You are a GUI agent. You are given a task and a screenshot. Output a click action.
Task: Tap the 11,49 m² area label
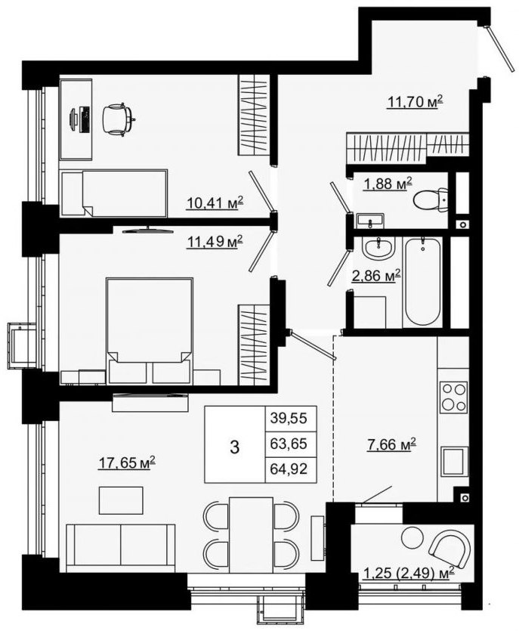tap(215, 242)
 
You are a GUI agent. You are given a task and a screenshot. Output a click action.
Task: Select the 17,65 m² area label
tap(127, 462)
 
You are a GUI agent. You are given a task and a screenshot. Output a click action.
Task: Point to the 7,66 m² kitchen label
tap(391, 444)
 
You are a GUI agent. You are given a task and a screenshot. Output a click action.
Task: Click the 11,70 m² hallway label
tap(415, 102)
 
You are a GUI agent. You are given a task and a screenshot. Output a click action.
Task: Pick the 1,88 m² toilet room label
tap(388, 184)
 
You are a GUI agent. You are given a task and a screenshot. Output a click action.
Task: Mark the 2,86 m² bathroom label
tap(376, 276)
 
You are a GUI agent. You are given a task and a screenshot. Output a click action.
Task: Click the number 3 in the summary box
tap(234, 447)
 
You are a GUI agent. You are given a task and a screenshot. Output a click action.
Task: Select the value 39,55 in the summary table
tap(289, 418)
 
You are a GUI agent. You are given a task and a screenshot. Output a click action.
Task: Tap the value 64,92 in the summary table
tap(289, 469)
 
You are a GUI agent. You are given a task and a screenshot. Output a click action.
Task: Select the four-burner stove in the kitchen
tap(454, 397)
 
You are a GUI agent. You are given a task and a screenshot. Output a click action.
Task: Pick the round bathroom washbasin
tap(378, 247)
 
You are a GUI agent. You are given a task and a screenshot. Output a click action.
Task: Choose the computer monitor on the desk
tap(73, 119)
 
